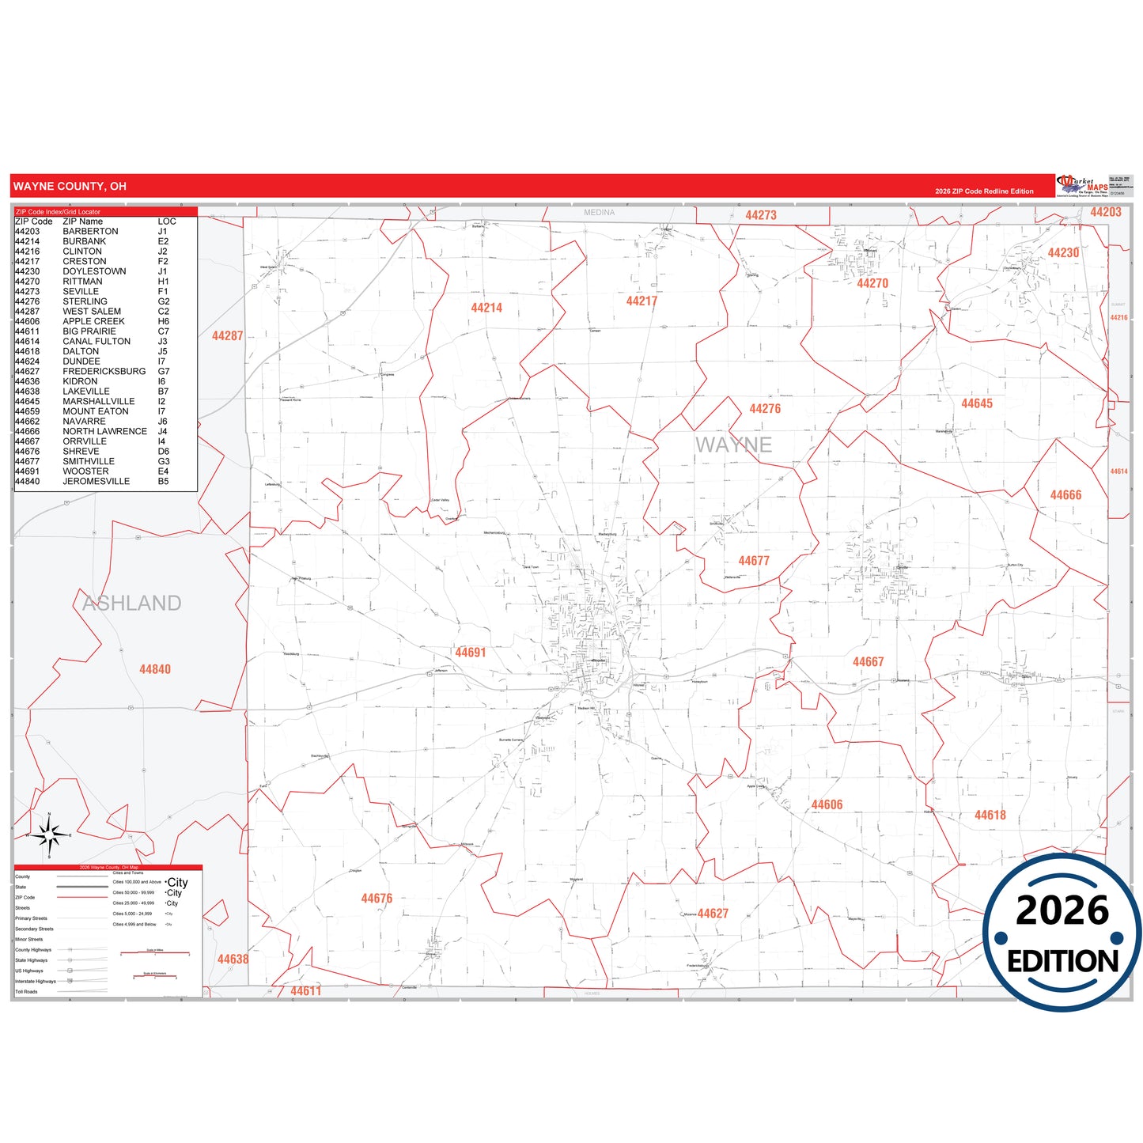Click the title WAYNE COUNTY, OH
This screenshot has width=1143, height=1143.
click(70, 187)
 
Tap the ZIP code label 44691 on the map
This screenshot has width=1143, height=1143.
click(470, 653)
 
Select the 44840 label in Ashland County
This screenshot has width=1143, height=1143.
click(155, 669)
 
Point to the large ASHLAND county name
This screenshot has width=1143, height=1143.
click(132, 604)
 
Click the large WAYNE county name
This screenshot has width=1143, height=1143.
click(733, 445)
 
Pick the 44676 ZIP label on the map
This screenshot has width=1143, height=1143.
click(377, 899)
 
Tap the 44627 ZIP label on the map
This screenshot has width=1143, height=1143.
click(713, 914)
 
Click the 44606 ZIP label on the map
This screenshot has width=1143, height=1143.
click(827, 804)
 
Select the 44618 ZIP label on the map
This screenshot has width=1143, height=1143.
click(990, 815)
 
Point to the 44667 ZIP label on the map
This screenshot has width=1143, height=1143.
click(868, 662)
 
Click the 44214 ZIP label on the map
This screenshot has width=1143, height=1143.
click(486, 308)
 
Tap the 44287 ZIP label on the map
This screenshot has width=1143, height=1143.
click(227, 336)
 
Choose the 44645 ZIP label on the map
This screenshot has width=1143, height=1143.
click(977, 403)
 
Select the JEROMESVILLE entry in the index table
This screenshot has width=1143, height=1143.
click(96, 482)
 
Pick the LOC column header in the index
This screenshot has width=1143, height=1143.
click(167, 221)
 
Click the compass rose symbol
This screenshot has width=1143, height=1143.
click(49, 834)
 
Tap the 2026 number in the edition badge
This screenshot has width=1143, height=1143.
click(1062, 910)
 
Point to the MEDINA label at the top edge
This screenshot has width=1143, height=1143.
click(599, 213)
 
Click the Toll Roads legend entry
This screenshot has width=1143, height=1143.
click(26, 992)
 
